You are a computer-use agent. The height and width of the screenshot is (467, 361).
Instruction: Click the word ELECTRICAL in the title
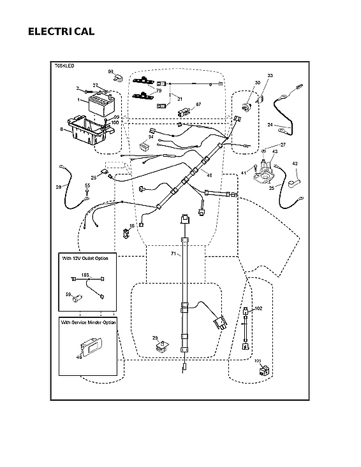pyautogui.click(x=61, y=31)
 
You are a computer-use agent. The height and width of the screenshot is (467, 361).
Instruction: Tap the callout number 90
pyautogui.click(x=110, y=71)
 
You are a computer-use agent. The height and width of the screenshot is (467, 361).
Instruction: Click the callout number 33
pyautogui.click(x=269, y=76)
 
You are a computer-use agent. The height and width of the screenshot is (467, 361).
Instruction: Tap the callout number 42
pyautogui.click(x=295, y=164)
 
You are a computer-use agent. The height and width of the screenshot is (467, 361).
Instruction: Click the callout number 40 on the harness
pyautogui.click(x=209, y=175)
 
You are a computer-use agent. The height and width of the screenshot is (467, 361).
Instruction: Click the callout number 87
pyautogui.click(x=198, y=104)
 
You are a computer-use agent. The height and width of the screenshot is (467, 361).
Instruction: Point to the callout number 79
pyautogui.click(x=159, y=90)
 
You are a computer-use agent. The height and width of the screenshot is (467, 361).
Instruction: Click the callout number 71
pyautogui.click(x=172, y=254)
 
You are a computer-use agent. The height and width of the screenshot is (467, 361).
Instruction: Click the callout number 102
pyautogui.click(x=258, y=308)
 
